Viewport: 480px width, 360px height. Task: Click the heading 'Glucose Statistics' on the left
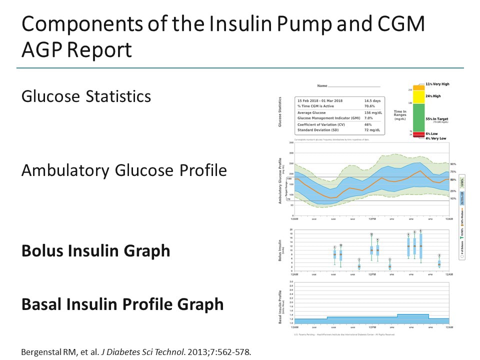(x=86, y=96)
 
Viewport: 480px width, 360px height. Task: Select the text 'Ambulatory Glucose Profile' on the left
(x=124, y=170)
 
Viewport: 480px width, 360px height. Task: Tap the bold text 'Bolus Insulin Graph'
(x=95, y=250)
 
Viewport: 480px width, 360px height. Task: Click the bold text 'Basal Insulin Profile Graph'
(x=122, y=303)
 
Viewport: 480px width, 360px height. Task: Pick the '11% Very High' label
(x=437, y=84)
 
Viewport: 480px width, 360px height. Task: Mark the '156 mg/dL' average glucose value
(x=373, y=112)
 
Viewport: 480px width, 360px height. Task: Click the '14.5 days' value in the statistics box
(x=373, y=100)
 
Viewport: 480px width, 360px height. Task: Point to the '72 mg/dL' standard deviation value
(x=373, y=129)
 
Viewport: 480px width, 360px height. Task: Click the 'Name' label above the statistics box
(x=322, y=86)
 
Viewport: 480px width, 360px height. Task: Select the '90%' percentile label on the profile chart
(x=453, y=163)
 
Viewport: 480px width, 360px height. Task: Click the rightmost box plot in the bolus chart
(x=439, y=263)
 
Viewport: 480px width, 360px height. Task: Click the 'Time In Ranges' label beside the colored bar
(x=399, y=114)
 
